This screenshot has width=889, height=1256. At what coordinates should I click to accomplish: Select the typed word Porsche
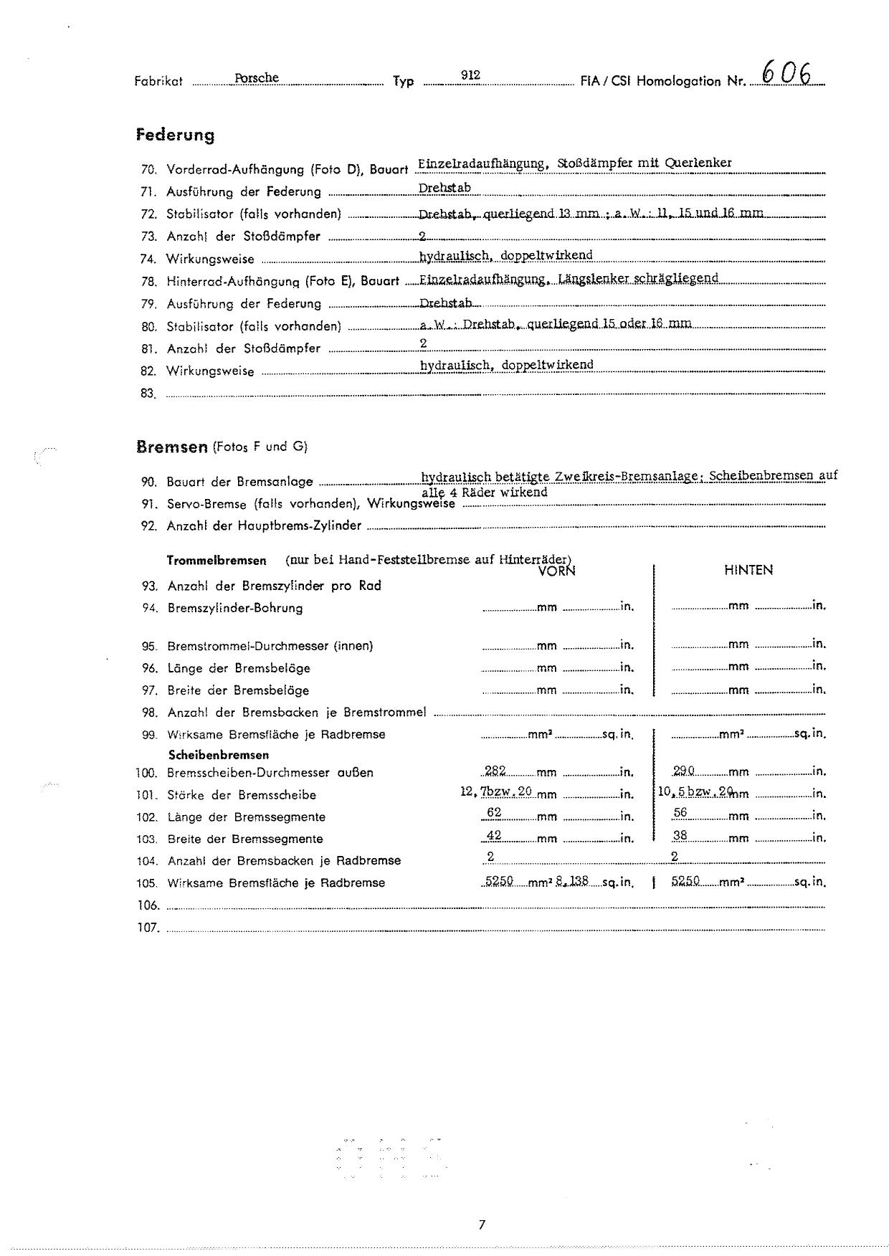[x=257, y=77]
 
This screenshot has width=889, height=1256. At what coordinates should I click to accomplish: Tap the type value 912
[x=470, y=75]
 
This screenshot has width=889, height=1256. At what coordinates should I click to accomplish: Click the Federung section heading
[x=175, y=135]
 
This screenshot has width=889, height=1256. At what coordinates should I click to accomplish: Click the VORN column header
[x=556, y=571]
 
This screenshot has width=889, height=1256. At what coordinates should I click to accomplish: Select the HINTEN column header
[x=748, y=570]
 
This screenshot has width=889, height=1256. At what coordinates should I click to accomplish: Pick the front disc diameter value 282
[x=495, y=771]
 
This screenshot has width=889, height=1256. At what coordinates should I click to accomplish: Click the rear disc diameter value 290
[x=684, y=771]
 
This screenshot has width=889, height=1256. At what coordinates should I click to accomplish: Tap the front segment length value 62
[x=493, y=812]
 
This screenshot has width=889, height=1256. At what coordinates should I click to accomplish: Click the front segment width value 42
[x=493, y=835]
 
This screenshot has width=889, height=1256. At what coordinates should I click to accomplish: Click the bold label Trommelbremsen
[x=217, y=561]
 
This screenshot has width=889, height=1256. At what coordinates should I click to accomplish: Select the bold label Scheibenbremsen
[x=219, y=755]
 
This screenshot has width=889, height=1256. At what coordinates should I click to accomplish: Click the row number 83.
[x=148, y=393]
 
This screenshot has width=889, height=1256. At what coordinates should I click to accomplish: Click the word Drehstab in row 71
[x=444, y=189]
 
